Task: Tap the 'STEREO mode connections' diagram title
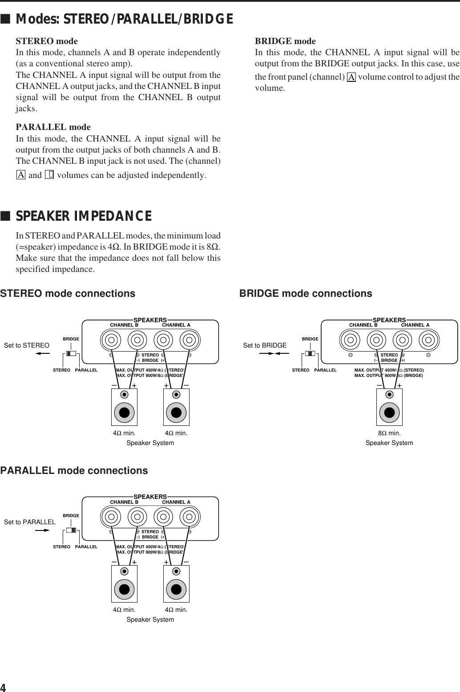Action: pyautogui.click(x=68, y=294)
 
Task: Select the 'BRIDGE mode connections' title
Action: pyautogui.click(x=306, y=294)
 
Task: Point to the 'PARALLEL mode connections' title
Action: pyautogui.click(x=74, y=471)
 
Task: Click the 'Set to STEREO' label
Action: pyautogui.click(x=27, y=345)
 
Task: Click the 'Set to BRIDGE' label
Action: pyautogui.click(x=265, y=345)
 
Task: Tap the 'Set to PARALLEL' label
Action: pyautogui.click(x=30, y=522)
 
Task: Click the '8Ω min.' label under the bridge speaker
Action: pyautogui.click(x=389, y=433)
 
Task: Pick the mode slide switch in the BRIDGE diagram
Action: pyautogui.click(x=310, y=354)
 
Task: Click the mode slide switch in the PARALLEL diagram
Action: pyautogui.click(x=71, y=530)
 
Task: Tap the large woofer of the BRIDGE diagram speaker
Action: pyautogui.click(x=389, y=412)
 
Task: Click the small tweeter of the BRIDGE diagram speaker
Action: pyautogui.click(x=390, y=394)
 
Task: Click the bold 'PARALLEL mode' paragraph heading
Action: pyautogui.click(x=53, y=127)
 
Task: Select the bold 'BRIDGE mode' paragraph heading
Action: pyautogui.click(x=285, y=41)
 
